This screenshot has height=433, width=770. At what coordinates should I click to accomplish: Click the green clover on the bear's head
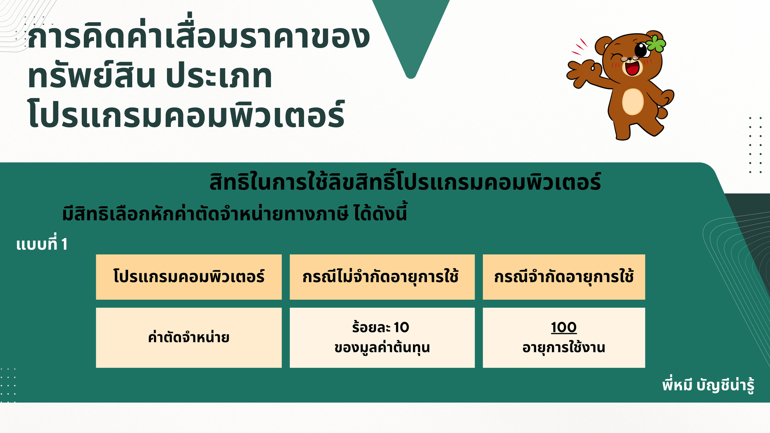(656, 44)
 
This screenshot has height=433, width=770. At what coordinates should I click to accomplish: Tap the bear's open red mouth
(632, 68)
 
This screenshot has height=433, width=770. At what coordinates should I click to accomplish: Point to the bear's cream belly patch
(632, 102)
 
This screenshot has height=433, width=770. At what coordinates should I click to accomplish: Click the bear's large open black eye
(641, 50)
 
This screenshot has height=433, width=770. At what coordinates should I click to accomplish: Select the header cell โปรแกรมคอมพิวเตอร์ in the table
(189, 277)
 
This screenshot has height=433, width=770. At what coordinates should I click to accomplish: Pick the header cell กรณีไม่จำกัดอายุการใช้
(382, 277)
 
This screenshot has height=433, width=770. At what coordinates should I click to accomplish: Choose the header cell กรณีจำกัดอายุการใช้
(564, 277)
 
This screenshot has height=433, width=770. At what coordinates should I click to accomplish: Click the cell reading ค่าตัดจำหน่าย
(189, 337)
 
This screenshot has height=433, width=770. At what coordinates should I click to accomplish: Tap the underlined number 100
(564, 327)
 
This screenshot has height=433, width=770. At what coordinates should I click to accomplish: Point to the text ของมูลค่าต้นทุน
(382, 347)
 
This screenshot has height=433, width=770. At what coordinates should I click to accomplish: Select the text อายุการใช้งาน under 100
(564, 347)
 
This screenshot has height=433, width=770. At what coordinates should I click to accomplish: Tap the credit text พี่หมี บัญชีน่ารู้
(708, 385)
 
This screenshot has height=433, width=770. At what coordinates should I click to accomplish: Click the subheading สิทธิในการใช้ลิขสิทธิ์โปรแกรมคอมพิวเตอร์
(405, 182)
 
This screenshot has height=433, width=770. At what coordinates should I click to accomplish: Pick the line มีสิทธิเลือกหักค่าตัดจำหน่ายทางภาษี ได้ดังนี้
(234, 213)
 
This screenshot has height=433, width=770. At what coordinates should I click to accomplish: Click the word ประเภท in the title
(219, 76)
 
